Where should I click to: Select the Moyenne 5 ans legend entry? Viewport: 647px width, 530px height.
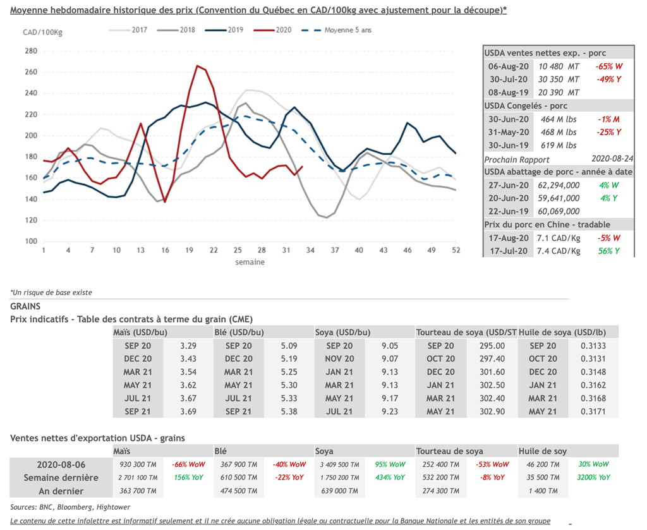point(348,30)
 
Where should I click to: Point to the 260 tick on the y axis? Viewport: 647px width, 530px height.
point(31,72)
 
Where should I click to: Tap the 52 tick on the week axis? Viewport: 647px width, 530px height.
point(455,251)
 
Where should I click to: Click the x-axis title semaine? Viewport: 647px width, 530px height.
point(250,262)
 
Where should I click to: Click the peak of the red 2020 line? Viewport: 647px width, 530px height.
point(198,65)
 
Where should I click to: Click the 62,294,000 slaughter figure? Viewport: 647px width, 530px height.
point(559,186)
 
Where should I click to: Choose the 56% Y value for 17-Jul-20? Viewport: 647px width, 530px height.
point(607,251)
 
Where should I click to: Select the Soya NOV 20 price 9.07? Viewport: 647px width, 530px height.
point(390,359)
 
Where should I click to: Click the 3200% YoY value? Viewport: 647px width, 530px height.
point(595,478)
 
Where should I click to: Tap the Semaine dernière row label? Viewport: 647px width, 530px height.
point(61,478)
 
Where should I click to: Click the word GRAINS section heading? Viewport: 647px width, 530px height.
point(25,306)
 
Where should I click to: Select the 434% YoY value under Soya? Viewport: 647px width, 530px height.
point(389,478)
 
